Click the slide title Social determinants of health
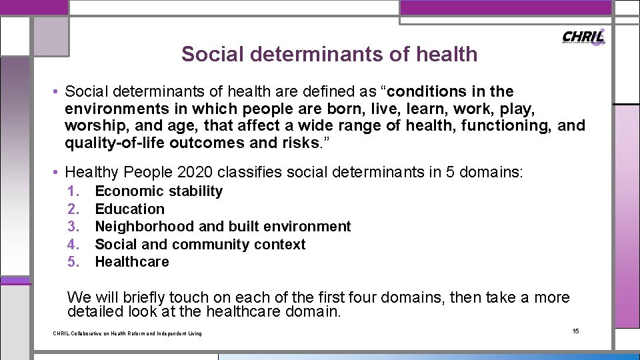click(329, 54)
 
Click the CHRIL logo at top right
click(583, 37)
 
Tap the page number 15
click(576, 331)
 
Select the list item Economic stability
click(159, 191)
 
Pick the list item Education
click(129, 209)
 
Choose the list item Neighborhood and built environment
click(223, 227)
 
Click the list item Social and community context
click(200, 244)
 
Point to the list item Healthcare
click(132, 262)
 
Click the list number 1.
click(73, 191)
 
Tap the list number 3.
click(73, 227)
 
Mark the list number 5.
click(73, 262)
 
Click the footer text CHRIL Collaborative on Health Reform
click(127, 333)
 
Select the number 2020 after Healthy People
click(193, 173)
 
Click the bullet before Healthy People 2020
click(57, 173)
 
